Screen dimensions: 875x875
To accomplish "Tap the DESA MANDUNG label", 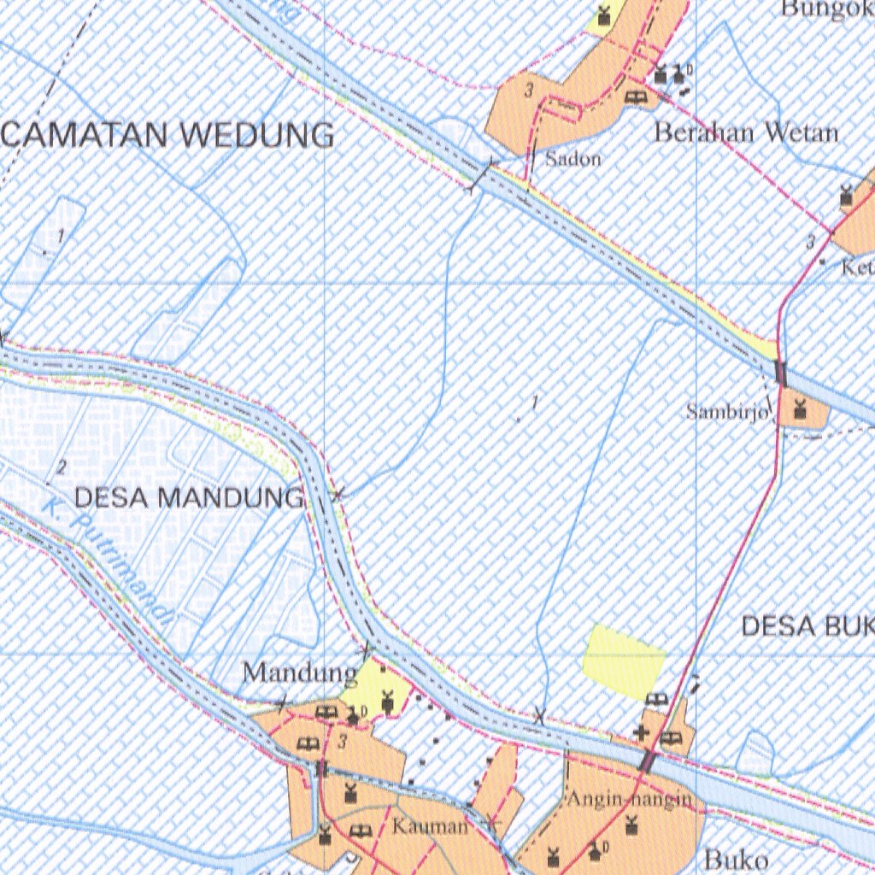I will pyautogui.click(x=189, y=497).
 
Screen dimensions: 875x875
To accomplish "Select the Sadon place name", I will pyautogui.click(x=573, y=158).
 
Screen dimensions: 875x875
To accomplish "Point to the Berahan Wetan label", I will pyautogui.click(x=746, y=132).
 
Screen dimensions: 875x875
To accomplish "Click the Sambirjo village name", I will pyautogui.click(x=728, y=412).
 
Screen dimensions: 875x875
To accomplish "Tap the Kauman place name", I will pyautogui.click(x=430, y=827).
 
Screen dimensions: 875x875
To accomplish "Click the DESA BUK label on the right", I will pyautogui.click(x=807, y=626).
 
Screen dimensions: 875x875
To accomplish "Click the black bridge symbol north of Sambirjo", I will pyautogui.click(x=779, y=373).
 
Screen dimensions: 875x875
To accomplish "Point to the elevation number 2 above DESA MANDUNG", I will pyautogui.click(x=62, y=467).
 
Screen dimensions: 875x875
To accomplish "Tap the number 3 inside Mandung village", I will pyautogui.click(x=342, y=742).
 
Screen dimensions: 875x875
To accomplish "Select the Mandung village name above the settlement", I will pyautogui.click(x=299, y=673).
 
